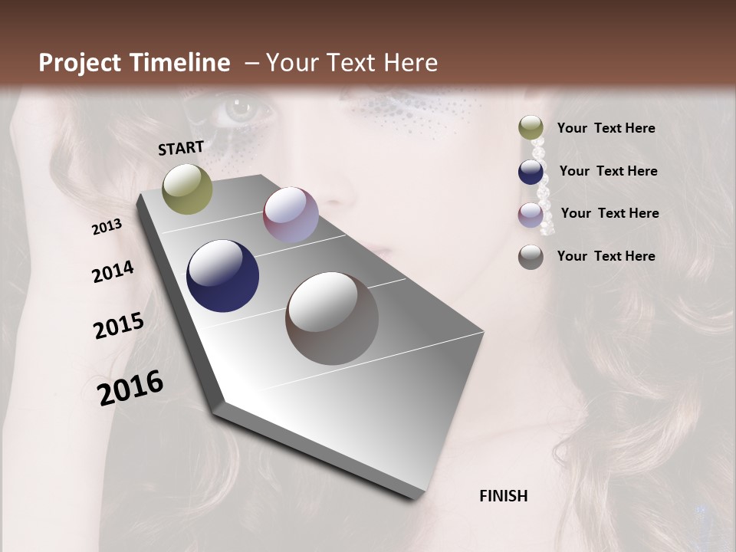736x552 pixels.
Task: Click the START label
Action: click(x=181, y=148)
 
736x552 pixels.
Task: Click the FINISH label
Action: click(x=504, y=496)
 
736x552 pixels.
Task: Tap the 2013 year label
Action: click(x=107, y=227)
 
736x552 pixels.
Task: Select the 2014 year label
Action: click(x=113, y=272)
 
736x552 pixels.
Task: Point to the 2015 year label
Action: click(x=119, y=326)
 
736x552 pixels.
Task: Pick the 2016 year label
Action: click(x=131, y=388)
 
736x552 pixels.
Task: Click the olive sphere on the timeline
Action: click(x=188, y=189)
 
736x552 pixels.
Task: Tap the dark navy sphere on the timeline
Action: click(x=223, y=276)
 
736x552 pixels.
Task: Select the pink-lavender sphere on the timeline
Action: click(x=291, y=215)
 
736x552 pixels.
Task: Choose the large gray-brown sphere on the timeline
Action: click(x=332, y=318)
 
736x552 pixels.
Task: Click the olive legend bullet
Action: click(x=531, y=128)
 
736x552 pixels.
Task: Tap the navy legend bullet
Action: click(x=531, y=172)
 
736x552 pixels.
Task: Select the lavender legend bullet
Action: click(x=531, y=215)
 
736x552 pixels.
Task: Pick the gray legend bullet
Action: click(x=531, y=257)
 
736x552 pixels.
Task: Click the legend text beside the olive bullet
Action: click(x=606, y=128)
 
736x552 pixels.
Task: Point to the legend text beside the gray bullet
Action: click(x=606, y=256)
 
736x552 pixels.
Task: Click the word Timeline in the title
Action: click(x=180, y=63)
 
